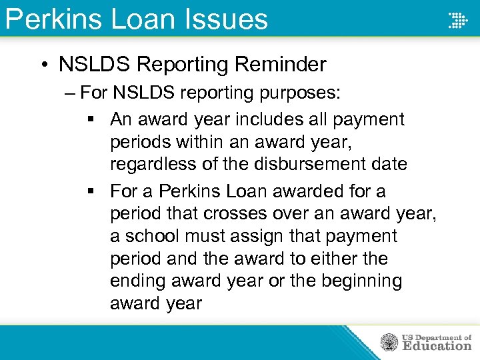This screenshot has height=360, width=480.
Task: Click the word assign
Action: pyautogui.click(x=260, y=236)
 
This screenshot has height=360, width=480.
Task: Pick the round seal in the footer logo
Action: pyautogui.click(x=389, y=343)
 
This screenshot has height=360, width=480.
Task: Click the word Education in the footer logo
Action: pyautogui.click(x=437, y=346)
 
